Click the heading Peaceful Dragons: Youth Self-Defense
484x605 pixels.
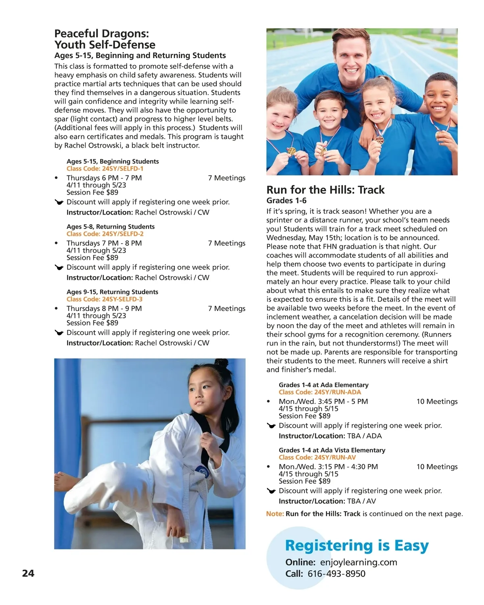click(x=105, y=39)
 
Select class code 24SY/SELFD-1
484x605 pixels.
click(x=105, y=169)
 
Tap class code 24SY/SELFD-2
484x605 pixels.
click(x=105, y=234)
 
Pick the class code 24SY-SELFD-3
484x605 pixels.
click(x=104, y=299)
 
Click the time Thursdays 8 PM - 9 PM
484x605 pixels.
click(x=104, y=309)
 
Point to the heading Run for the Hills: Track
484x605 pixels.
click(x=325, y=190)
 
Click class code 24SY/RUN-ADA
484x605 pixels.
click(x=320, y=392)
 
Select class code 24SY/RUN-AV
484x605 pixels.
click(x=317, y=457)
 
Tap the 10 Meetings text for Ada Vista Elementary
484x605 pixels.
click(x=437, y=467)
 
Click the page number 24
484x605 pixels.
click(x=28, y=573)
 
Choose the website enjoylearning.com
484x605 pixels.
click(x=358, y=562)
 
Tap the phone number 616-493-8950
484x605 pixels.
click(x=336, y=574)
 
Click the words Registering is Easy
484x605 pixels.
click(x=357, y=546)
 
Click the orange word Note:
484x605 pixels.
click(x=275, y=514)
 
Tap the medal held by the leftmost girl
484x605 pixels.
click(x=291, y=151)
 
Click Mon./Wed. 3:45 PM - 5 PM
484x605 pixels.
click(x=323, y=402)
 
